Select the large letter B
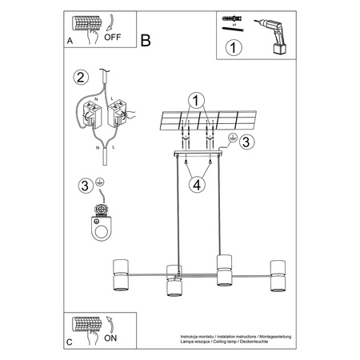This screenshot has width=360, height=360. [145, 39]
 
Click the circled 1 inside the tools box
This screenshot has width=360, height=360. [233, 47]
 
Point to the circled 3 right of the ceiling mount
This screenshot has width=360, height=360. [246, 142]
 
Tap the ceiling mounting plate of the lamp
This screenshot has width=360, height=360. [200, 153]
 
